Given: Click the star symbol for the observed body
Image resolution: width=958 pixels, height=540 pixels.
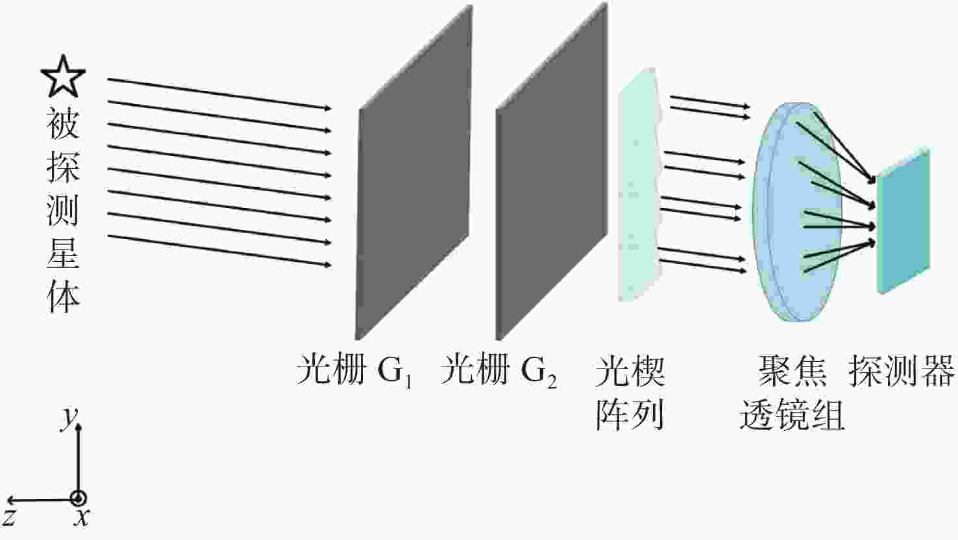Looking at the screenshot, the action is click(x=64, y=76).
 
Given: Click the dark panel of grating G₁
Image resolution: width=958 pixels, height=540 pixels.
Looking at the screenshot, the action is click(x=414, y=173).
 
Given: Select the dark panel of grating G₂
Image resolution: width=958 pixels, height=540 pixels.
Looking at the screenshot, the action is click(x=552, y=172).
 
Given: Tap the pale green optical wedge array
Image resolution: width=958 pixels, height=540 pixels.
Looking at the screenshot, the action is click(x=640, y=184).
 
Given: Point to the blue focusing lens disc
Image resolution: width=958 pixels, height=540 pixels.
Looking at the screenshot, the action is click(x=797, y=212).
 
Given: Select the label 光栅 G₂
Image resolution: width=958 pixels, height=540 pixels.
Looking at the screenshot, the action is click(x=498, y=370).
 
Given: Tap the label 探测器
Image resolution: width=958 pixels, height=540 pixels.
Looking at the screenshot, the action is click(x=902, y=370).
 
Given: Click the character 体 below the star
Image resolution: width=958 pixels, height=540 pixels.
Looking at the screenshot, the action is click(x=64, y=296).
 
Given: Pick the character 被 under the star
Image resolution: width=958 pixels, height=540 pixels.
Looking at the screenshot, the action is click(x=64, y=123).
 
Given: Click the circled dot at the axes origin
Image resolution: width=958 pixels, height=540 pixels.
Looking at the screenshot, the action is click(x=79, y=498).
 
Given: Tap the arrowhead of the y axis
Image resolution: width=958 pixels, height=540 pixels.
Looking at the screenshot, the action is click(x=79, y=427).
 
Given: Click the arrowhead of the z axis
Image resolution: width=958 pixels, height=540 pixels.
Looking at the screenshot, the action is click(x=11, y=500).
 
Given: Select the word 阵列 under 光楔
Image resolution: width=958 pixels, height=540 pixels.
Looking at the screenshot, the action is click(x=630, y=415).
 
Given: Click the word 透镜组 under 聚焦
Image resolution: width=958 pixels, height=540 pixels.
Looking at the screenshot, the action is click(x=792, y=415).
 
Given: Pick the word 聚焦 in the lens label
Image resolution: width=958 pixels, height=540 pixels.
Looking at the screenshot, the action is click(x=792, y=370).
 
